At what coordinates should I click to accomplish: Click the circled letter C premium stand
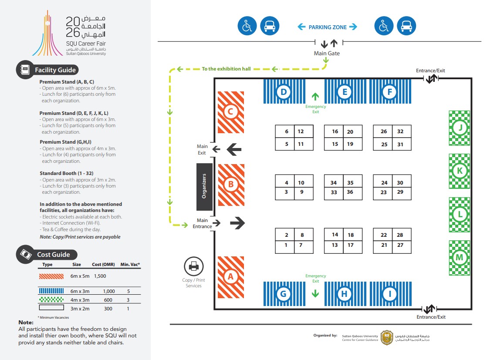coord(230,112)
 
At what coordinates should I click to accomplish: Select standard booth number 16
coord(335,131)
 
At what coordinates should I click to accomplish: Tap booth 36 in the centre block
coord(350,192)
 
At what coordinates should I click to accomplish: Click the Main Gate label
coord(327,54)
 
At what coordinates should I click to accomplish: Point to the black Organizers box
coord(204,187)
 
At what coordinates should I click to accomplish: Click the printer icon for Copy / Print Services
coord(193,266)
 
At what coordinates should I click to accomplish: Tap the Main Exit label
coord(202,150)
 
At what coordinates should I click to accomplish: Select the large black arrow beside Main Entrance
coord(237,223)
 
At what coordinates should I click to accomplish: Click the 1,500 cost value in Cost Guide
coord(100,276)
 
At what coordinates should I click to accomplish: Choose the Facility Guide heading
coord(55,70)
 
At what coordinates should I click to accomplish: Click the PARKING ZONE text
coord(328,27)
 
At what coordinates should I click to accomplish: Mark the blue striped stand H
coord(344,294)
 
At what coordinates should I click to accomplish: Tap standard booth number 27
coord(400,245)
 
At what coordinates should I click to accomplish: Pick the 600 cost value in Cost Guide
coord(108,300)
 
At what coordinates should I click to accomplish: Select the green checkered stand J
coord(459,128)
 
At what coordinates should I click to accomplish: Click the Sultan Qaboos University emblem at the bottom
coord(386,337)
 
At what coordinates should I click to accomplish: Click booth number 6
coord(286,131)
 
